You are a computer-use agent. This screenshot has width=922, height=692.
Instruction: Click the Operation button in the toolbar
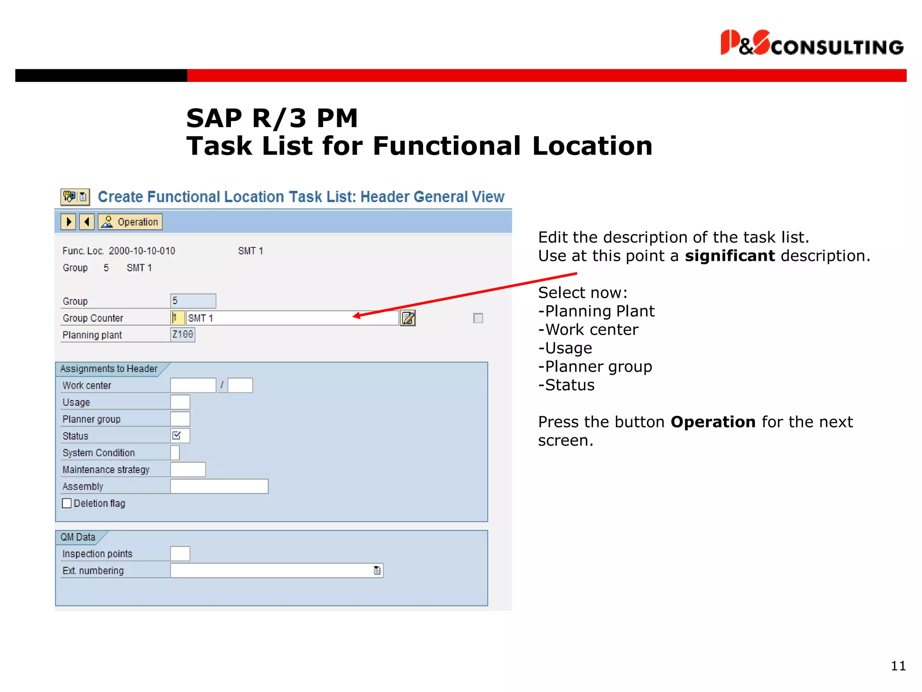[130, 222]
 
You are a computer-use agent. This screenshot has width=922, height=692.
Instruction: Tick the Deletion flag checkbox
[67, 503]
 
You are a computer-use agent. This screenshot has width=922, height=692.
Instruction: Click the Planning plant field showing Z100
[182, 334]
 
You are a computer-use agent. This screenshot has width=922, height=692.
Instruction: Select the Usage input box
[180, 402]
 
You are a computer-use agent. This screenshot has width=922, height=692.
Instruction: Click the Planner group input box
[180, 419]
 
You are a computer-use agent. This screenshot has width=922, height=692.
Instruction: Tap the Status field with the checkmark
[180, 436]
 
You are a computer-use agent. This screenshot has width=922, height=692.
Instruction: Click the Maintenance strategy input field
[188, 469]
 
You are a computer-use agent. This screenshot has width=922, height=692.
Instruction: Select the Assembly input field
[219, 487]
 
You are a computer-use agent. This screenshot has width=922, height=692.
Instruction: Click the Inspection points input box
[180, 554]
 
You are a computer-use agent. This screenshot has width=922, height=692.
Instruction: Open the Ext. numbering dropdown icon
[377, 571]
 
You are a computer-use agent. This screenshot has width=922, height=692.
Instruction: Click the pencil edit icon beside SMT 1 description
[408, 318]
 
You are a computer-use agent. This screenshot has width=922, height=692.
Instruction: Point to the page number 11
[898, 666]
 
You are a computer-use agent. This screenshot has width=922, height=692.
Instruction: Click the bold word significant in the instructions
[730, 256]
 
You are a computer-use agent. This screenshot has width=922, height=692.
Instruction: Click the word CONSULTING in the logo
[837, 47]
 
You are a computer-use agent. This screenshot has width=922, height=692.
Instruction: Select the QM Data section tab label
[78, 537]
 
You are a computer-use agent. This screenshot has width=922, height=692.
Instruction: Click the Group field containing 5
[193, 301]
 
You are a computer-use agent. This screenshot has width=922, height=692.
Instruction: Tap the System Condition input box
[175, 453]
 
